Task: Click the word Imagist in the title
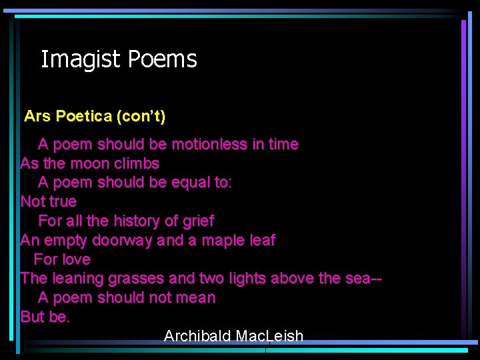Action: [x=81, y=60]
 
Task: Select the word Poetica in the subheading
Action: [x=84, y=117]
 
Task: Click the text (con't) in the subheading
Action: [x=141, y=117]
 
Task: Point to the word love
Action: [x=75, y=259]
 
